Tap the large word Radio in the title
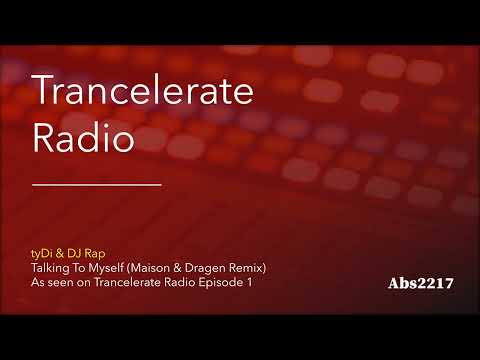pyautogui.click(x=84, y=138)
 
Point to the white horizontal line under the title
pyautogui.click(x=97, y=184)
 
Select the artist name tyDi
pyautogui.click(x=45, y=254)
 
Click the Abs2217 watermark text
pyautogui.click(x=421, y=284)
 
